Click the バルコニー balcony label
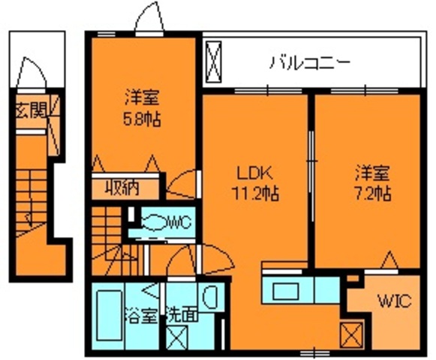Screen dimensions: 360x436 click(309, 61)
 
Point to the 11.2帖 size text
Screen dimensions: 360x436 click(254, 193)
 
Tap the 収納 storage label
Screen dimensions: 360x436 click(125, 187)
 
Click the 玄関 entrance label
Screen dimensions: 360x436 click(30, 110)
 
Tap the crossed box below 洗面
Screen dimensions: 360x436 click(179, 338)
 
